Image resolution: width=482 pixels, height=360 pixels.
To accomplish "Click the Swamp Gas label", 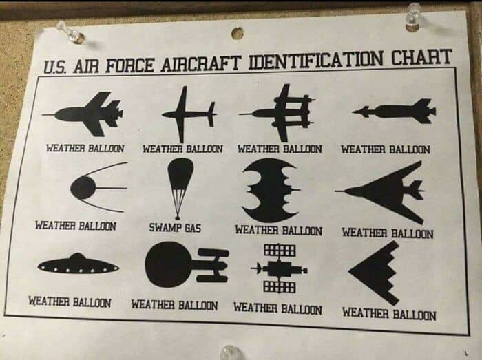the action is (x=175, y=228).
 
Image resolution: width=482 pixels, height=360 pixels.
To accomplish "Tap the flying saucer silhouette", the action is (x=78, y=264).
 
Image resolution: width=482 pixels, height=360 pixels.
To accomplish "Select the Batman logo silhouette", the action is (x=270, y=190).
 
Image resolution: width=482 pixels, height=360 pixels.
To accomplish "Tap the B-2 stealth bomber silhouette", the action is (x=375, y=272).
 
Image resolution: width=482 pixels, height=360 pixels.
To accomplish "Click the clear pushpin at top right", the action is (x=414, y=18).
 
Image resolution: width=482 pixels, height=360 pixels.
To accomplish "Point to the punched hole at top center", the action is (x=237, y=33).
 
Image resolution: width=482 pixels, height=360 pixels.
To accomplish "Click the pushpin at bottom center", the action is (x=230, y=352).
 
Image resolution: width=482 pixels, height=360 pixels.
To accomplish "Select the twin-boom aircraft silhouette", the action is (x=277, y=113).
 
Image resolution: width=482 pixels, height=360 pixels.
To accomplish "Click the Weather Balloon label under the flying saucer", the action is (x=70, y=302).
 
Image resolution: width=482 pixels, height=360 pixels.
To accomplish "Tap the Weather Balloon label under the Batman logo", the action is (x=279, y=231).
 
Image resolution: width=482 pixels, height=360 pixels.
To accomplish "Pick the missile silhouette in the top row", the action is (x=394, y=112).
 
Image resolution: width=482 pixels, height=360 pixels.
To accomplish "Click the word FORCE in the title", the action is (x=130, y=65).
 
